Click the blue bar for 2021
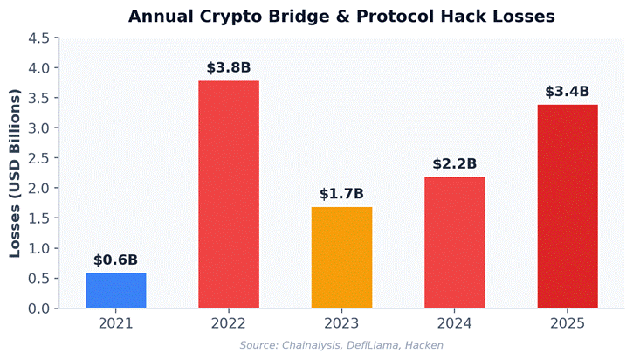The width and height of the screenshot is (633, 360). coord(116,291)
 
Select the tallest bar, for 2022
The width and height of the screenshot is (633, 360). coord(229,194)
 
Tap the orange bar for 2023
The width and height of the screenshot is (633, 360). coord(341,258)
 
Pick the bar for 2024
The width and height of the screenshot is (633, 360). coord(454,243)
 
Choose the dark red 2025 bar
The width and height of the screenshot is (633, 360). coord(567,206)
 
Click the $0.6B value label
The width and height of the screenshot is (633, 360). coord(116,260)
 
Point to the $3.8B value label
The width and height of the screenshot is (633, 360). coord(229,67)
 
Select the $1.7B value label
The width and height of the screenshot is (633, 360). coord(341,193)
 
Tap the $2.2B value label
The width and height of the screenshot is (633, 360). coord(454,163)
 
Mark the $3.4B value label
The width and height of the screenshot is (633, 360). coord(567,91)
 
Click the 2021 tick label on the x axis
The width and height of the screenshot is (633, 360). coord(116,323)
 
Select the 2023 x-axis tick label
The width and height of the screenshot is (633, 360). coord(341,323)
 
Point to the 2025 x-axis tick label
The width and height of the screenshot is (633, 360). coord(567,323)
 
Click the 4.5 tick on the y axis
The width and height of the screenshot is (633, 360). coord(38,38)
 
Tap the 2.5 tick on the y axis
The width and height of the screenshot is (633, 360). coord(38,158)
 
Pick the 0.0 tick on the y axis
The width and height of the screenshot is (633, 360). coord(38,308)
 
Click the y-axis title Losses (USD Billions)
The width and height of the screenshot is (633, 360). coord(15,173)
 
